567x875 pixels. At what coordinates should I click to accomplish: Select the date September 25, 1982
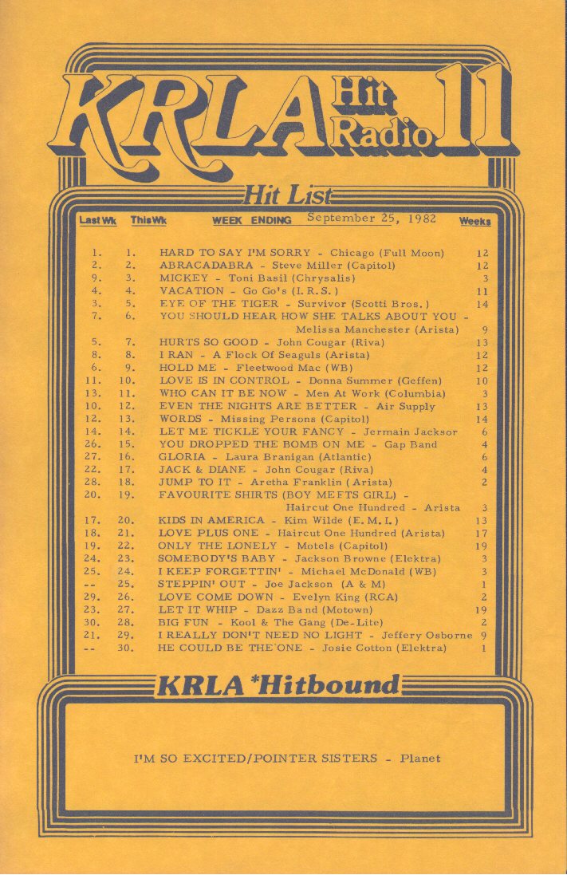pyautogui.click(x=372, y=219)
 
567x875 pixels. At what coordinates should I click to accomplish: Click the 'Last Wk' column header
pyautogui.click(x=98, y=220)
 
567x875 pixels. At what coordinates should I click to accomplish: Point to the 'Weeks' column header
pyautogui.click(x=475, y=221)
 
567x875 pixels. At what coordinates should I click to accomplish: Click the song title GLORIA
pyautogui.click(x=182, y=457)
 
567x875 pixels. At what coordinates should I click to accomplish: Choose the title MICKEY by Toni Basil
pyautogui.click(x=183, y=278)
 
